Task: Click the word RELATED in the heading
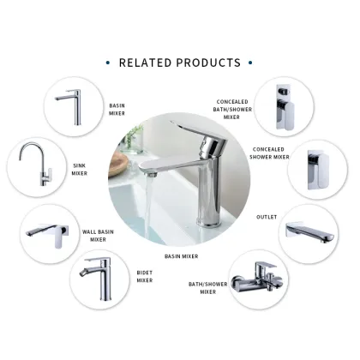[148, 63]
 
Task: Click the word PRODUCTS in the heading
[210, 63]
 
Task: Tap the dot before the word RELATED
[108, 63]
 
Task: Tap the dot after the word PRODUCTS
[249, 63]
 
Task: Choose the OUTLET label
[267, 216]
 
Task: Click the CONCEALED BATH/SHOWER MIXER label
[233, 109]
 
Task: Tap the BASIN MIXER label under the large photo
[182, 255]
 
